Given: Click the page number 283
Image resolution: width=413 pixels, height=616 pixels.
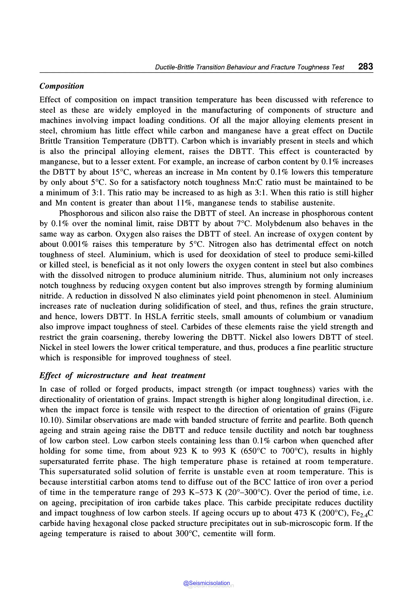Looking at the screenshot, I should (x=365, y=66).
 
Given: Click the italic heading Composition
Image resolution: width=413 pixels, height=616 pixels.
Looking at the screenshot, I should (x=62, y=86).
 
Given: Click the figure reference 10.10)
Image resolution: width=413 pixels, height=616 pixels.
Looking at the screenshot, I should (x=52, y=420).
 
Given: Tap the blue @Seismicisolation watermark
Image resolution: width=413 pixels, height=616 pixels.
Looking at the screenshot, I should (x=207, y=583).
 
